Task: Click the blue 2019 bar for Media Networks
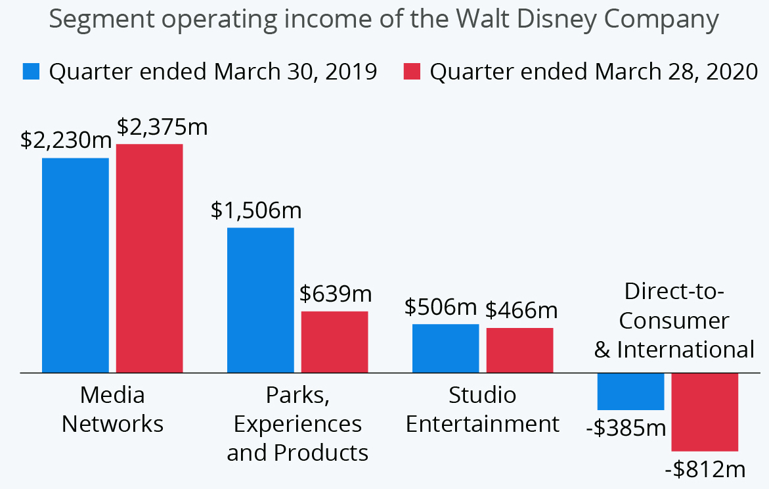point(76,265)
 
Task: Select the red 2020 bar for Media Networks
point(150,258)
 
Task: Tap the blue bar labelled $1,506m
point(261,300)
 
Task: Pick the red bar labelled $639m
point(335,342)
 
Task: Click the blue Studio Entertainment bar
point(446,348)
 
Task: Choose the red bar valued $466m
point(520,350)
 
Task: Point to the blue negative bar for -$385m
point(631,391)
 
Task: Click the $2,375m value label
point(162,127)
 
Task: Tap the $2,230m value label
point(66,141)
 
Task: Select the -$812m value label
point(705,470)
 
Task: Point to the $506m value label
point(440,308)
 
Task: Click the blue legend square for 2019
point(32,71)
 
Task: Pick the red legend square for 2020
point(411,71)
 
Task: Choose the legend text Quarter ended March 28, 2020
point(594,71)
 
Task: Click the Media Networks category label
point(112,409)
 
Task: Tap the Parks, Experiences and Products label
point(297,424)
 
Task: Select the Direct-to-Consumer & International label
point(674,320)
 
